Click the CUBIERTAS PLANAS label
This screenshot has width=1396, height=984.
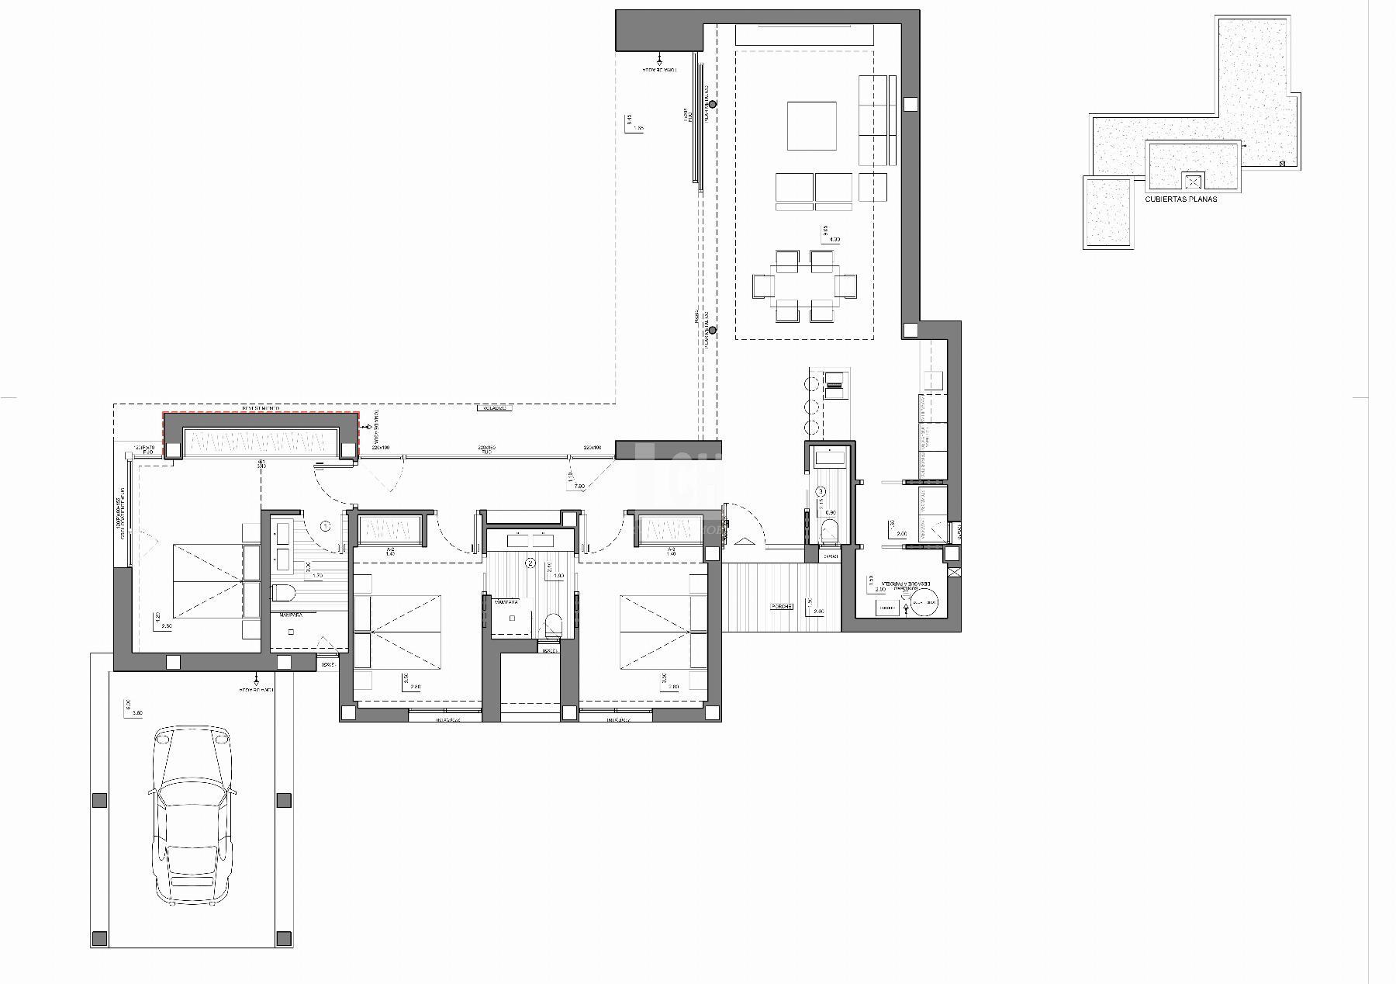tap(1180, 199)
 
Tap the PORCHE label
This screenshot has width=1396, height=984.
tap(781, 606)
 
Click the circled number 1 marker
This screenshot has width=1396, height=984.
tap(326, 526)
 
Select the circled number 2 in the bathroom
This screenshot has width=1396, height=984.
tap(530, 563)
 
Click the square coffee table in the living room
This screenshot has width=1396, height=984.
tap(812, 126)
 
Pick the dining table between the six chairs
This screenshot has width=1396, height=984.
tap(804, 286)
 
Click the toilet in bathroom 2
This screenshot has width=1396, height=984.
tap(553, 623)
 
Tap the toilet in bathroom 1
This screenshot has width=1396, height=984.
tap(285, 594)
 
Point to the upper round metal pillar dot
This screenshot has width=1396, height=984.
tap(712, 104)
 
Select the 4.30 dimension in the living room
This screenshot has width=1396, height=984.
tap(834, 240)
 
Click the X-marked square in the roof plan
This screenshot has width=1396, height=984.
tap(1193, 182)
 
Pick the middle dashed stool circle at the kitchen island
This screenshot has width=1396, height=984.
tap(814, 406)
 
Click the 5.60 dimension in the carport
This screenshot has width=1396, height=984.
tap(136, 712)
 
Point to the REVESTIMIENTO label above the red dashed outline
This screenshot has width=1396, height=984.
tap(261, 408)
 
